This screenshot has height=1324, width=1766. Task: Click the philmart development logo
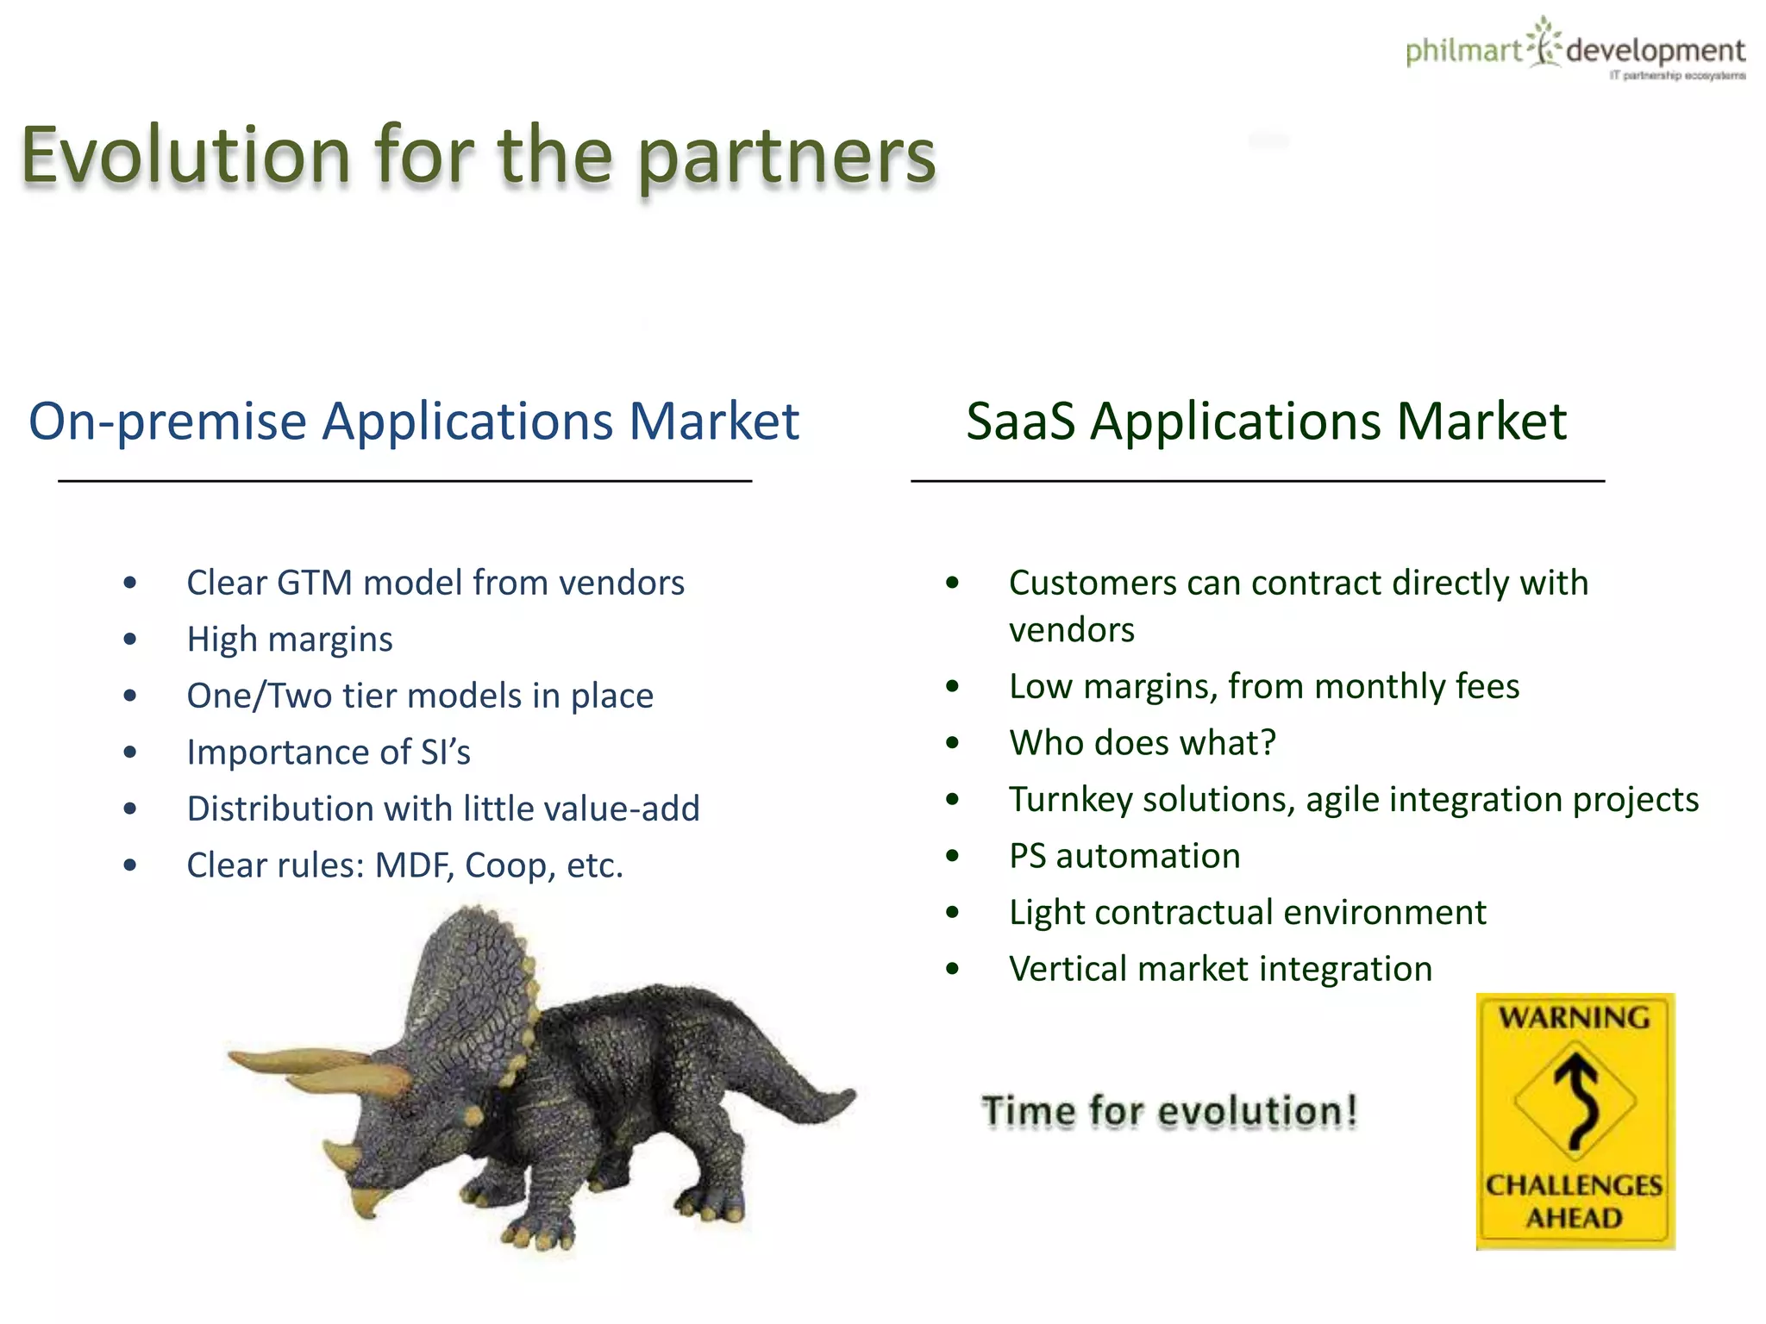tap(1575, 50)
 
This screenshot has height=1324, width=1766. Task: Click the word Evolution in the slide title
tap(185, 155)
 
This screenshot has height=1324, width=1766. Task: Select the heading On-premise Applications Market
tap(414, 422)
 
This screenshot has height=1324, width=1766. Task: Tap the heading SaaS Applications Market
tap(1266, 422)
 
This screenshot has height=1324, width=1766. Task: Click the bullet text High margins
tap(290, 640)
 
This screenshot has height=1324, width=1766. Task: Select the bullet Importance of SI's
tap(329, 753)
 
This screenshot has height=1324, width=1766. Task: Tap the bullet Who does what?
tap(1142, 743)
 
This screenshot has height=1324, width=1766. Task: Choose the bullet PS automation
tap(1124, 856)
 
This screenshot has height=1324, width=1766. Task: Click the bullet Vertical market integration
tap(1220, 969)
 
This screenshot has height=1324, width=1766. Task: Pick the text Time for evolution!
tap(1169, 1111)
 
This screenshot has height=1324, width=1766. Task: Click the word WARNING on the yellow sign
tap(1574, 1018)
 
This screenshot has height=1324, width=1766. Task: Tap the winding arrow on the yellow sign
tap(1577, 1100)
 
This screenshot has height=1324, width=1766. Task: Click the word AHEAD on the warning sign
tap(1574, 1219)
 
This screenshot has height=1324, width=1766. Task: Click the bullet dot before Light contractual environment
tap(952, 913)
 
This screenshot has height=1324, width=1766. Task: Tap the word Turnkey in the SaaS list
tap(1066, 800)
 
